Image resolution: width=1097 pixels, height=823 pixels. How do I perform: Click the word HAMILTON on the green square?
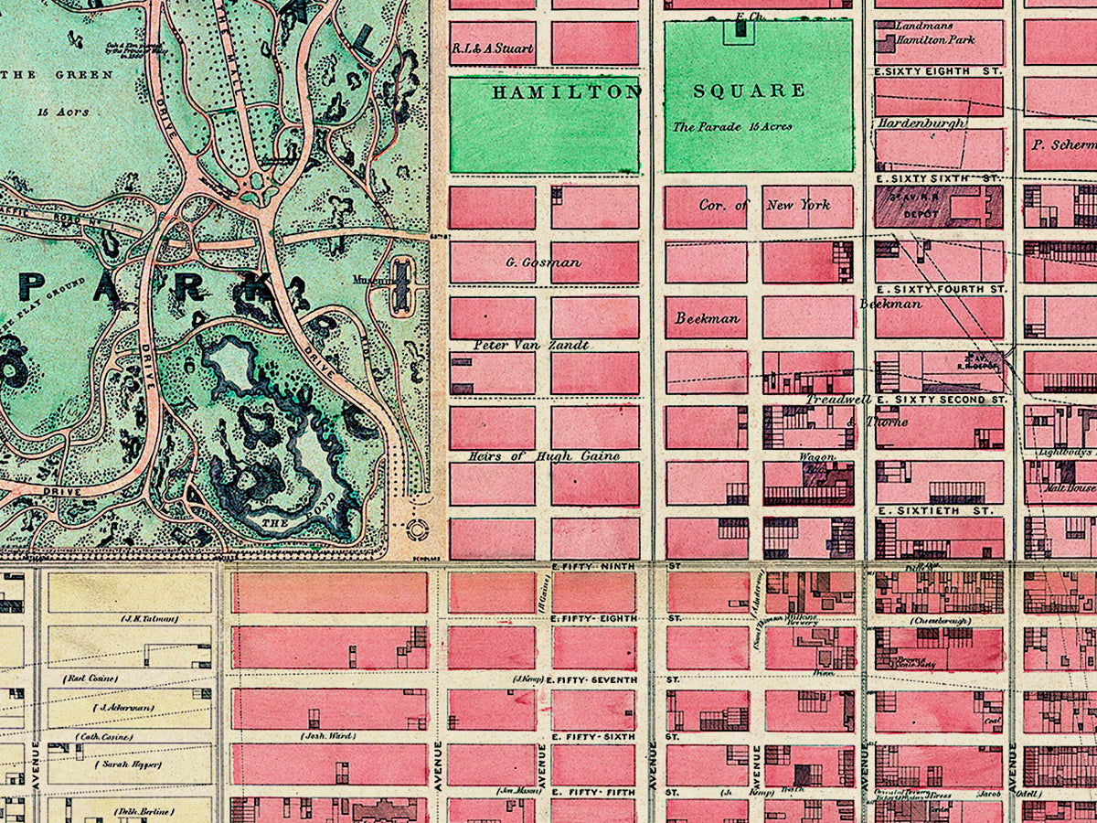(x=567, y=91)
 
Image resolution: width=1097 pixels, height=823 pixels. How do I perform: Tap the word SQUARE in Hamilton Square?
(x=749, y=91)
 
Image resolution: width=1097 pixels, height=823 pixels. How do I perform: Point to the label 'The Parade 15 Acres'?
(x=732, y=127)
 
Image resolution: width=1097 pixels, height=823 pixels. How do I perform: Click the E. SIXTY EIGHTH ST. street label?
(x=938, y=70)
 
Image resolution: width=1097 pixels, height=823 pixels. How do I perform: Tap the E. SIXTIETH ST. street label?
(x=933, y=510)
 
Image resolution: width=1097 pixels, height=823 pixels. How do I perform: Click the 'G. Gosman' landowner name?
(x=543, y=262)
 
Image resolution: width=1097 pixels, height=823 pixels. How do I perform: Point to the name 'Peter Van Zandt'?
(x=530, y=346)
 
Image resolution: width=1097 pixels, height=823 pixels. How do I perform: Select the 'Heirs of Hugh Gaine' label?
(x=543, y=455)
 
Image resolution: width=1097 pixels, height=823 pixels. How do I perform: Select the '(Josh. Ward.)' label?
(x=327, y=735)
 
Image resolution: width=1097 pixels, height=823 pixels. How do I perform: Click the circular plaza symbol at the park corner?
(x=421, y=529)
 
